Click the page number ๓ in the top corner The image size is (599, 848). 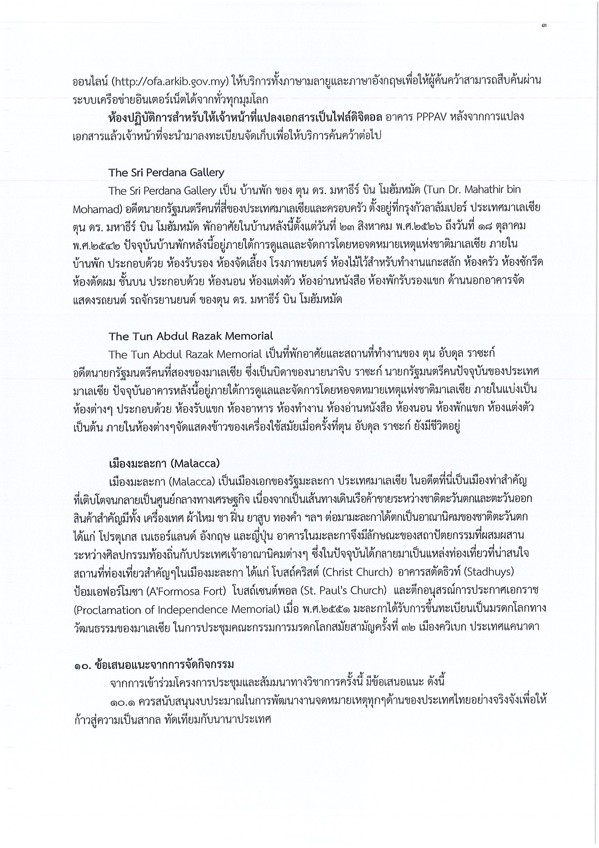[x=544, y=26]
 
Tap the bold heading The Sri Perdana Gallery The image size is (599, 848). [x=166, y=172]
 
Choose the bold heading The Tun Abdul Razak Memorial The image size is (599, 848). [x=191, y=336]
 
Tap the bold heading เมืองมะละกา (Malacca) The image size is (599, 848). [x=164, y=463]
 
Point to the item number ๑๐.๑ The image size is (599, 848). [x=122, y=701]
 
